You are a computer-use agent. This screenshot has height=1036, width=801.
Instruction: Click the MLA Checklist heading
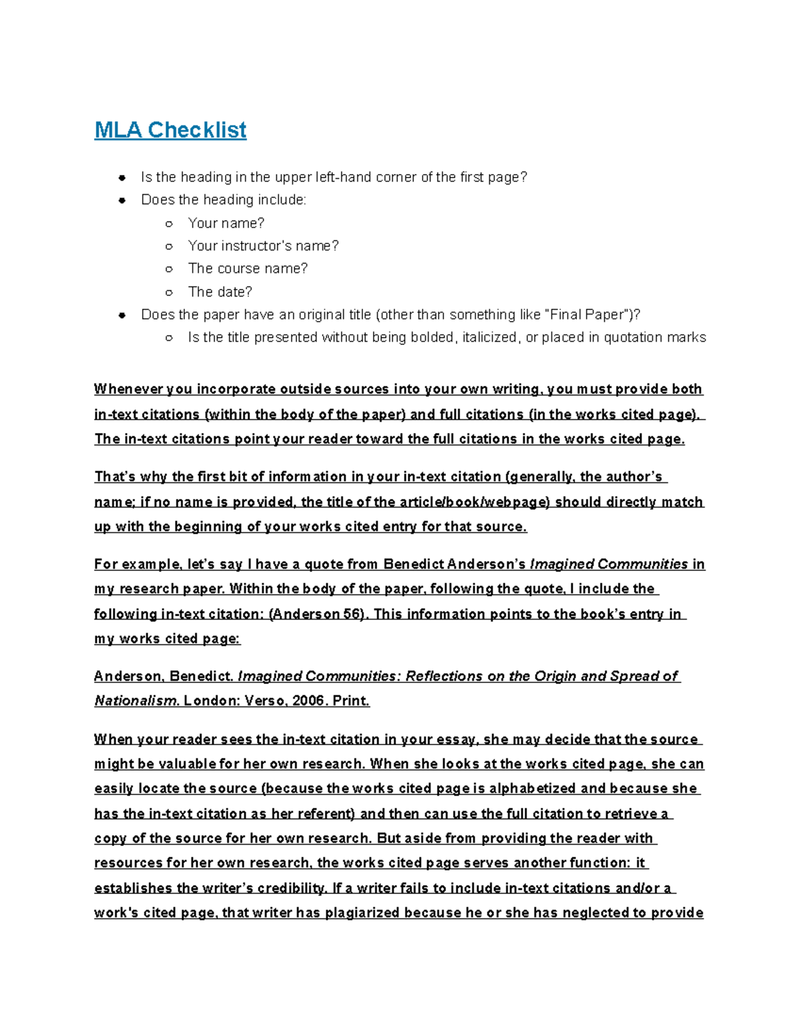[170, 129]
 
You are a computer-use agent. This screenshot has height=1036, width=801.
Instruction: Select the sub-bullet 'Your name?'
[226, 223]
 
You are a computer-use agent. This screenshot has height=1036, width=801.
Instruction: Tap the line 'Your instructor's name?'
[263, 245]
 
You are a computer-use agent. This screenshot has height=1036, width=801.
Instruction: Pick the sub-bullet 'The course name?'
[248, 268]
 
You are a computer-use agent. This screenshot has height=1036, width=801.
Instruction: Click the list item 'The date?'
[220, 292]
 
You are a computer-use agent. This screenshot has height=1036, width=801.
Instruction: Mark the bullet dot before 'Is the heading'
[121, 177]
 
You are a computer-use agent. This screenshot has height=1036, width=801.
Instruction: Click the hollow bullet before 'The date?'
[169, 292]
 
